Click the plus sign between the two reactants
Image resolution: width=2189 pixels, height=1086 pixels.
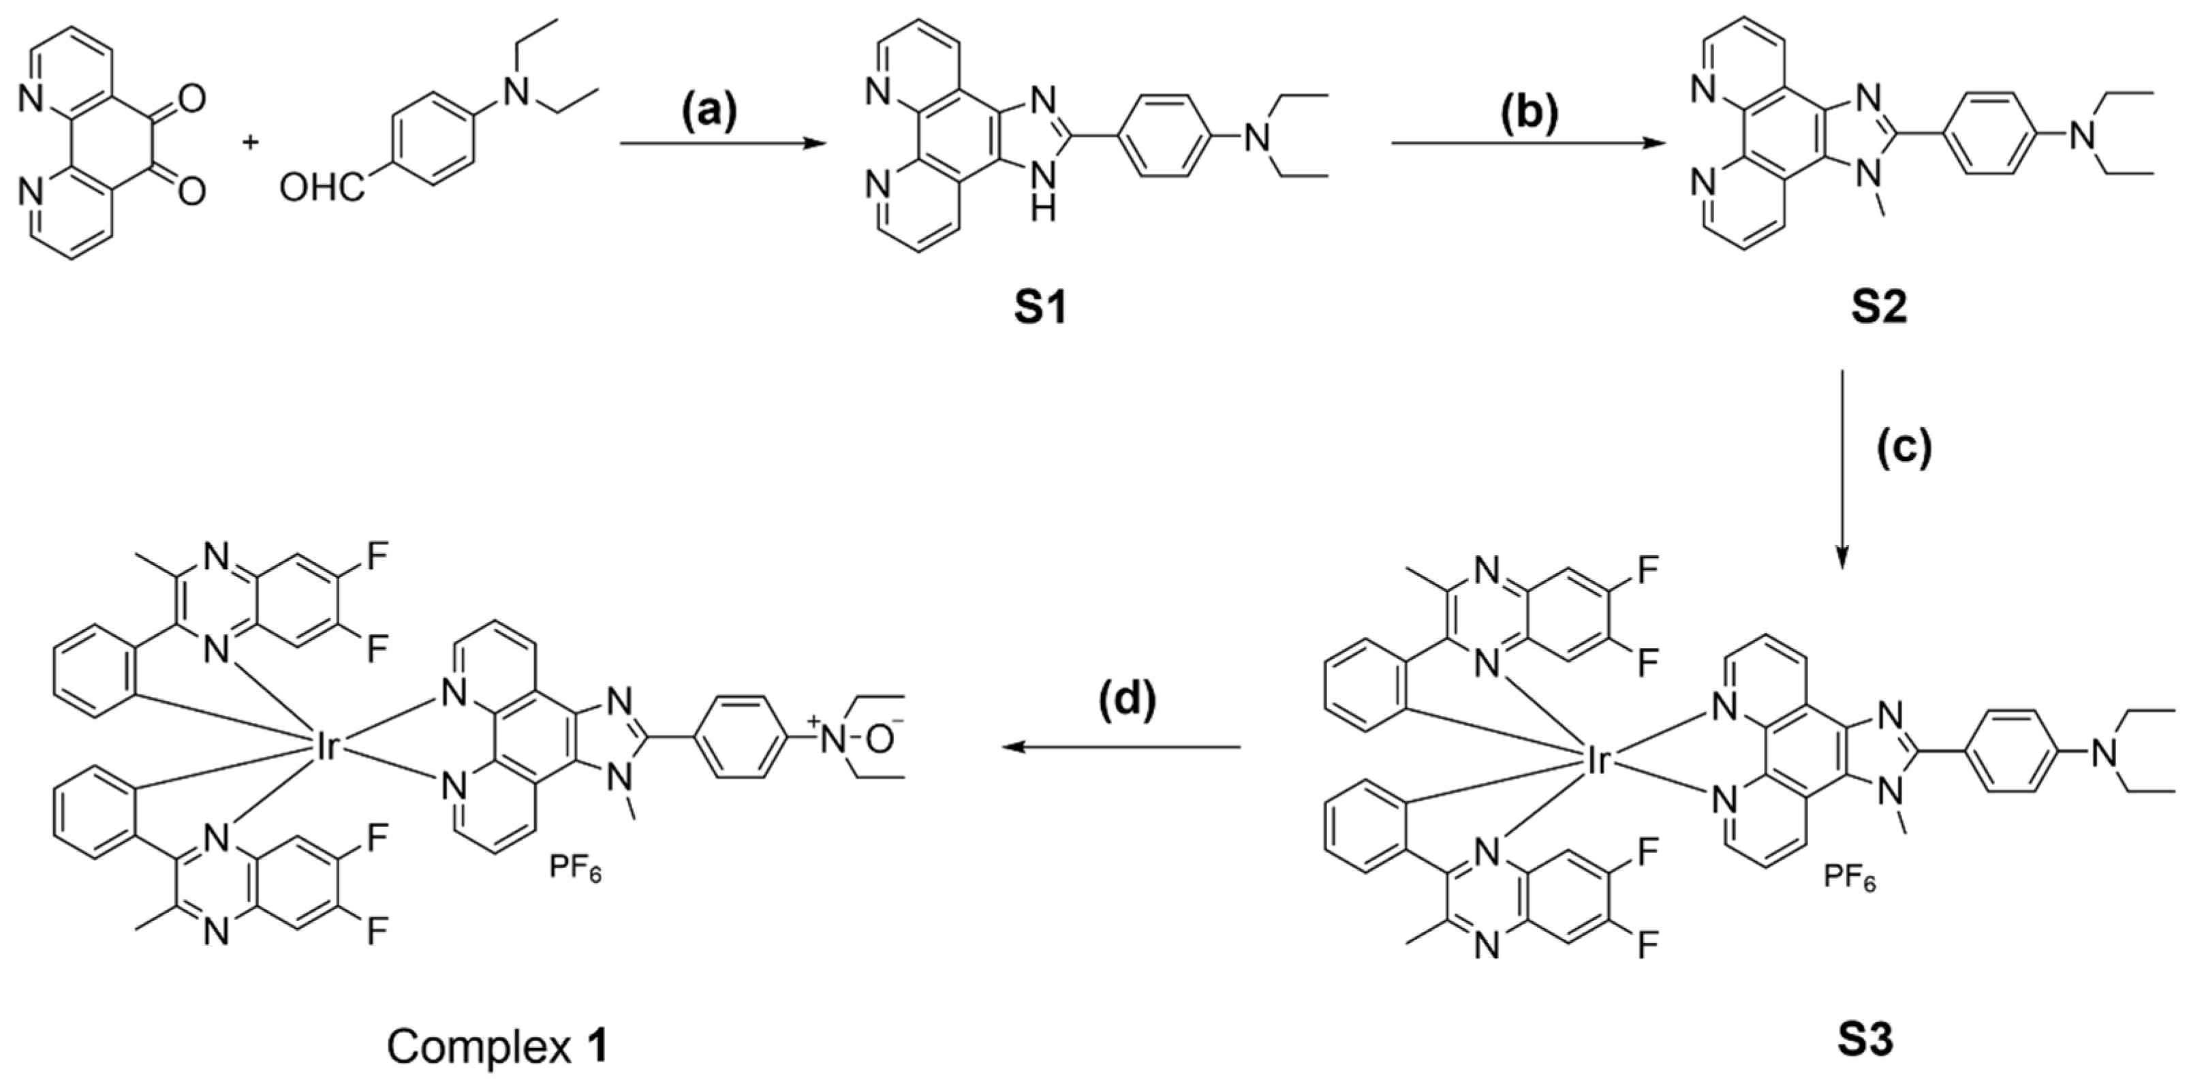click(x=251, y=142)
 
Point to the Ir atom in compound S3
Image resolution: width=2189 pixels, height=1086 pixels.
click(x=1598, y=762)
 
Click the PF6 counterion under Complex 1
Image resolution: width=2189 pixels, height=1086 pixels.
click(x=575, y=869)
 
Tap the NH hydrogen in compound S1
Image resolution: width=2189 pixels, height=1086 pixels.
click(x=1045, y=206)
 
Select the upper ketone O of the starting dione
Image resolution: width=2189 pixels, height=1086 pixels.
click(x=192, y=99)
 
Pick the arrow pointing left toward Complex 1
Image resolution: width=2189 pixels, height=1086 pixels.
click(x=1121, y=747)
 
